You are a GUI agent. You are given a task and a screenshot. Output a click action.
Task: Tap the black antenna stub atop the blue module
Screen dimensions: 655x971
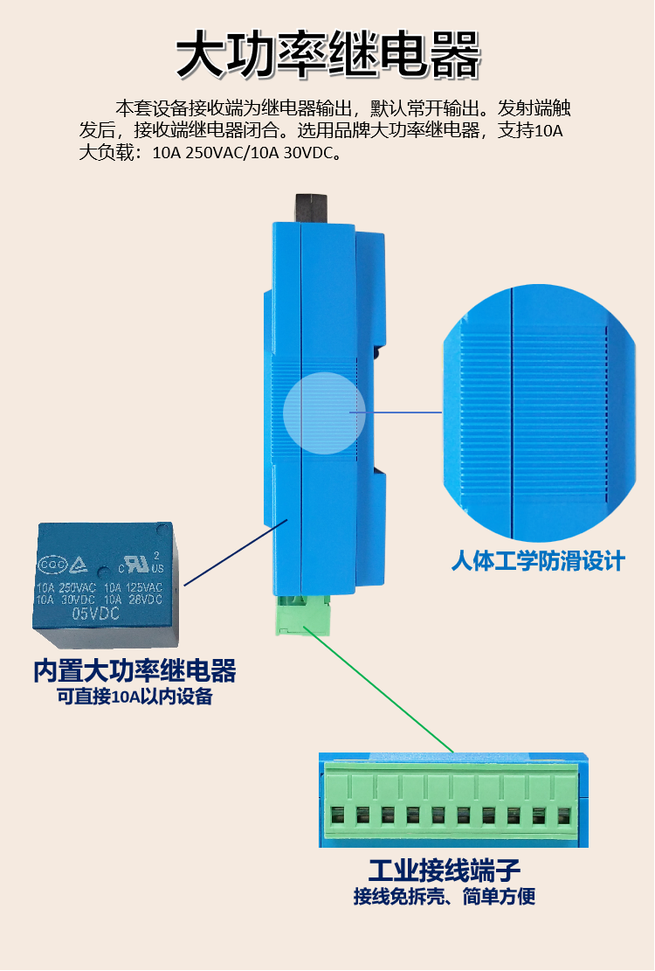pos(311,208)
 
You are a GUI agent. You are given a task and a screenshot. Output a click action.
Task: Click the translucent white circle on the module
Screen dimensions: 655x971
pos(324,413)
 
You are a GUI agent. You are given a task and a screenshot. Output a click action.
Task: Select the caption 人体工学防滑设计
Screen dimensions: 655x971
pos(538,561)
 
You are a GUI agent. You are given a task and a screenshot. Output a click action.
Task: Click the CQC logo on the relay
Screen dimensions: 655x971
pos(52,565)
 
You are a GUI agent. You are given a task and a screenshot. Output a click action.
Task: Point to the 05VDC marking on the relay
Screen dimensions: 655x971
pos(96,614)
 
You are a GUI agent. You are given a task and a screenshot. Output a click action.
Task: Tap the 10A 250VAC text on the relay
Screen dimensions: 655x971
pos(66,587)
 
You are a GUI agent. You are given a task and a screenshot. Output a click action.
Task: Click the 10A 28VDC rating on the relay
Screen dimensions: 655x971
pos(133,600)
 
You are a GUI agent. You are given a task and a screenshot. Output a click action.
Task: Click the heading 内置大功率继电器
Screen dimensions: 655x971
pos(134,671)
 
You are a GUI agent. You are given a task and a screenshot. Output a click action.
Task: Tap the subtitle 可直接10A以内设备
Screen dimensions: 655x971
pos(134,697)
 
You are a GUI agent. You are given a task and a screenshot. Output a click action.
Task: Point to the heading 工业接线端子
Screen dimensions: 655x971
pos(445,870)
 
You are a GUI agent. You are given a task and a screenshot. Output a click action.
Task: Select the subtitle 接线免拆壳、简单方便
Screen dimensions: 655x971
pos(445,896)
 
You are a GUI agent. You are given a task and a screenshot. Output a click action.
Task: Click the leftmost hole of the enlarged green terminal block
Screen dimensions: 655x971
pos(338,815)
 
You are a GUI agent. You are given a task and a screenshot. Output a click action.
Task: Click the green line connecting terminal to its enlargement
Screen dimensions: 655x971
pos(383,691)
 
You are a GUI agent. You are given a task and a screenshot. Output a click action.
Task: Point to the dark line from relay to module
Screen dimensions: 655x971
pos(237,552)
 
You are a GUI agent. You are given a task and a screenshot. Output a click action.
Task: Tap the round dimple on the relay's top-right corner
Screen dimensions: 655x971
pos(162,531)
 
